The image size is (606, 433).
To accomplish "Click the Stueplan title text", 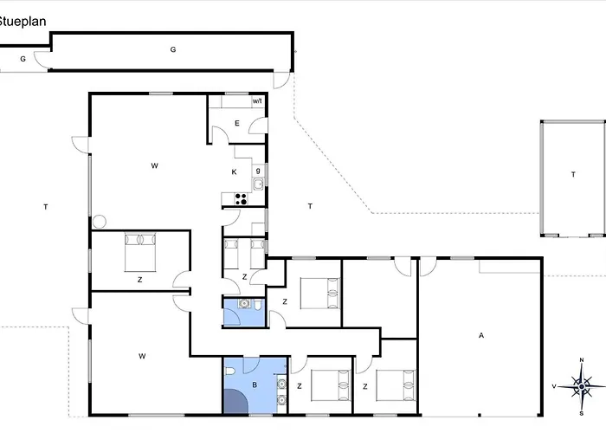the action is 23,22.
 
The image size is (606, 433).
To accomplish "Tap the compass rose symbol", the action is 581,386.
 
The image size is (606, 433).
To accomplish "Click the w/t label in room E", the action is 257,101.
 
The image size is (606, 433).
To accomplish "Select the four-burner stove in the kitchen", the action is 242,199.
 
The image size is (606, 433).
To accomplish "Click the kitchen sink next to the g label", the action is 258,184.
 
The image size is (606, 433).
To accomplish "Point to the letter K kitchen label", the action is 234,172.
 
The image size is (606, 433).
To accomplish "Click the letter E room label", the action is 237,123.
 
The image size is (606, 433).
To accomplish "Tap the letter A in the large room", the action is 481,335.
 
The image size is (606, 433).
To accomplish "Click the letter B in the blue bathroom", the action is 255,385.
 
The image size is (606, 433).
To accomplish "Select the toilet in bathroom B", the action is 229,372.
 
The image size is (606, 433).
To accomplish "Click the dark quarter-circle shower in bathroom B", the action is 235,401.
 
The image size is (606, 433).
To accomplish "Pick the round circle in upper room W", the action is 100,222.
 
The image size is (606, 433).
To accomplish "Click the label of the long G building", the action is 173,49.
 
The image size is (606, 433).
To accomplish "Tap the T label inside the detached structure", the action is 573,175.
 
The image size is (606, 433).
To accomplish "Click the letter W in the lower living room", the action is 142,356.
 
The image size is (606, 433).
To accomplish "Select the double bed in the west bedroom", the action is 140,252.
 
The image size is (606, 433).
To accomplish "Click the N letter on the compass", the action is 582,360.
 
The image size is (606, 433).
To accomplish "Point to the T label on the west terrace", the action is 46,207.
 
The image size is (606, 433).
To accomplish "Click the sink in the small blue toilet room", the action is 243,304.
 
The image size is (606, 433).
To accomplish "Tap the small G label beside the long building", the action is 23,59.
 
